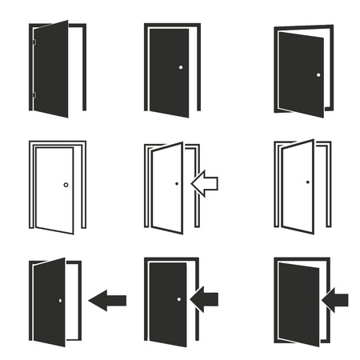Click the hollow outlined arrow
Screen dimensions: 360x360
pos(205,184)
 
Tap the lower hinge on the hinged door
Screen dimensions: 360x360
pos(33,94)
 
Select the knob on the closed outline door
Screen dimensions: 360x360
pos(66,185)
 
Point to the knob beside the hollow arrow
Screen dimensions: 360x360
pos(177,183)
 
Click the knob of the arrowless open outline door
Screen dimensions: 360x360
pos(307,182)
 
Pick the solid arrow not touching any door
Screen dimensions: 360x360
pos(107,301)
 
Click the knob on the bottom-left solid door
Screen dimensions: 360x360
pos(59,301)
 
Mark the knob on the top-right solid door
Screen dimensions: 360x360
pos(318,74)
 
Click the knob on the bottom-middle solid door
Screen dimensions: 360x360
pos(178,300)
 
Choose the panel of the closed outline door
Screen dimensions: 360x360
pos(54,190)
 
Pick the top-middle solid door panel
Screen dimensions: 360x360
pos(170,70)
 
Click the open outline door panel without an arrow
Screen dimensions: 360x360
pos(298,188)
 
